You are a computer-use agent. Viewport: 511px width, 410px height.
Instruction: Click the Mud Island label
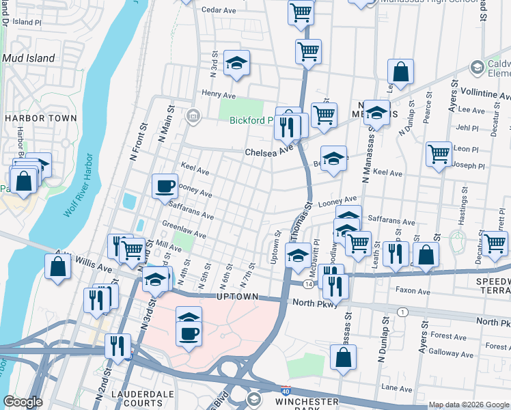tap(28, 58)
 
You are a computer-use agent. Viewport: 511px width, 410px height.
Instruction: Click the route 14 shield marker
tap(309, 284)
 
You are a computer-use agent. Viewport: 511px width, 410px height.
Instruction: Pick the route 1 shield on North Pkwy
tap(403, 312)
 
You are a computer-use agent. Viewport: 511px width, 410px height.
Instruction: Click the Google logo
tap(23, 402)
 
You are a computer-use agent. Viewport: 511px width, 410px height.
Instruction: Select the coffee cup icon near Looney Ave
tap(165, 187)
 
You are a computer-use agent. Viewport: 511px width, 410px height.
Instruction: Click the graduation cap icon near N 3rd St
tap(236, 65)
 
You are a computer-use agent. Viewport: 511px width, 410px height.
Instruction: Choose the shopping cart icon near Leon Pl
tap(439, 154)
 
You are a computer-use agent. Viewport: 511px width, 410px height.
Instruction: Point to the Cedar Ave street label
tap(219, 10)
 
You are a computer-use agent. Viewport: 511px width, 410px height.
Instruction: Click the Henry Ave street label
tap(218, 94)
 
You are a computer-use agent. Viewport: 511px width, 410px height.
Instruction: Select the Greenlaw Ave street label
tap(184, 230)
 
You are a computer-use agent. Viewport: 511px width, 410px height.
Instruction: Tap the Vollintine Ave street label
tap(486, 93)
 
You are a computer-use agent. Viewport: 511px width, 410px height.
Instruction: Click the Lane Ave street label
tap(398, 387)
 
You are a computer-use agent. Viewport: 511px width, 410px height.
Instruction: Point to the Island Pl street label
tap(27, 22)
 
